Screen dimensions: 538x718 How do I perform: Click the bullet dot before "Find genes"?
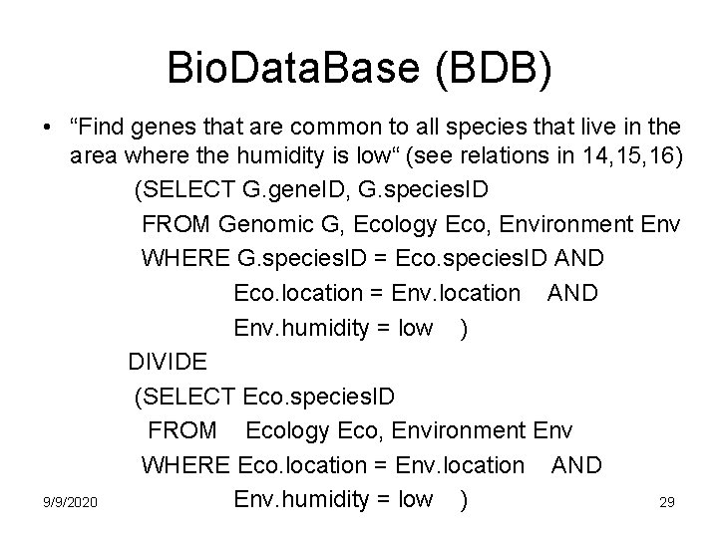pyautogui.click(x=47, y=129)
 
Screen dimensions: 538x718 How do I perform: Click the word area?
pyautogui.click(x=93, y=156)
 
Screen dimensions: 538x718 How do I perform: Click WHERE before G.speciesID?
pyautogui.click(x=186, y=258)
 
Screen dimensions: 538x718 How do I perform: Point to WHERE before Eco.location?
pyautogui.click(x=186, y=464)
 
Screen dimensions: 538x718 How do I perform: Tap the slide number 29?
pyautogui.click(x=667, y=502)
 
